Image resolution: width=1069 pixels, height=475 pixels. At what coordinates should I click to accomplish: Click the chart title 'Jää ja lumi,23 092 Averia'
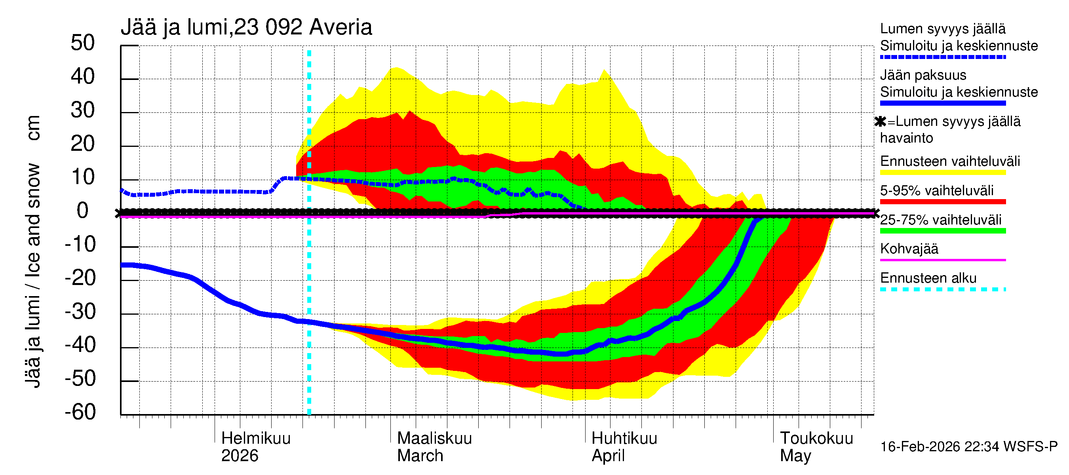(246, 27)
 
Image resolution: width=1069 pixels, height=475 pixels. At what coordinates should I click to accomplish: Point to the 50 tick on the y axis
(83, 43)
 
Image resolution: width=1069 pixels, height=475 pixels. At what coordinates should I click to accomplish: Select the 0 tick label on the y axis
(83, 211)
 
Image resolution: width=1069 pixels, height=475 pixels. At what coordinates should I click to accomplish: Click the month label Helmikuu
(256, 439)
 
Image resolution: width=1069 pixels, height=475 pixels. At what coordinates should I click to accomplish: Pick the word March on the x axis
(420, 456)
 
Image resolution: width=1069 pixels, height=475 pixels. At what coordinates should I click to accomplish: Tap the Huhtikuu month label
(624, 439)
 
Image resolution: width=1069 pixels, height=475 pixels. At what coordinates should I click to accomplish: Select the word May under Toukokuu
(795, 456)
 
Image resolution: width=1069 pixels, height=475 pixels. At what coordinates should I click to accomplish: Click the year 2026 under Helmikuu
(240, 456)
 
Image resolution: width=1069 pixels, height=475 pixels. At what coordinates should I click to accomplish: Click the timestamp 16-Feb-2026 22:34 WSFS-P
(968, 447)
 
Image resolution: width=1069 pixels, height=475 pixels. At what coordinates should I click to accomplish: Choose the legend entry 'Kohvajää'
(909, 249)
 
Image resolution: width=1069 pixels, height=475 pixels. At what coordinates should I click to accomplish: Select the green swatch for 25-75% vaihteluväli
(942, 231)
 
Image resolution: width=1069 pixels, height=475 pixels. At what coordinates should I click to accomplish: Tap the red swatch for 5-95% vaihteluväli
(942, 202)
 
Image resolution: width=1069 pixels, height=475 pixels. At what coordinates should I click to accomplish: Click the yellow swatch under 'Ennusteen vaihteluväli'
(942, 173)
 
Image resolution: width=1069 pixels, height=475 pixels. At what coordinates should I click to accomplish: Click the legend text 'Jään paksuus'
(923, 75)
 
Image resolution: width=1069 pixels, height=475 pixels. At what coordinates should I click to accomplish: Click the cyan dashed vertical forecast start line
(309, 270)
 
